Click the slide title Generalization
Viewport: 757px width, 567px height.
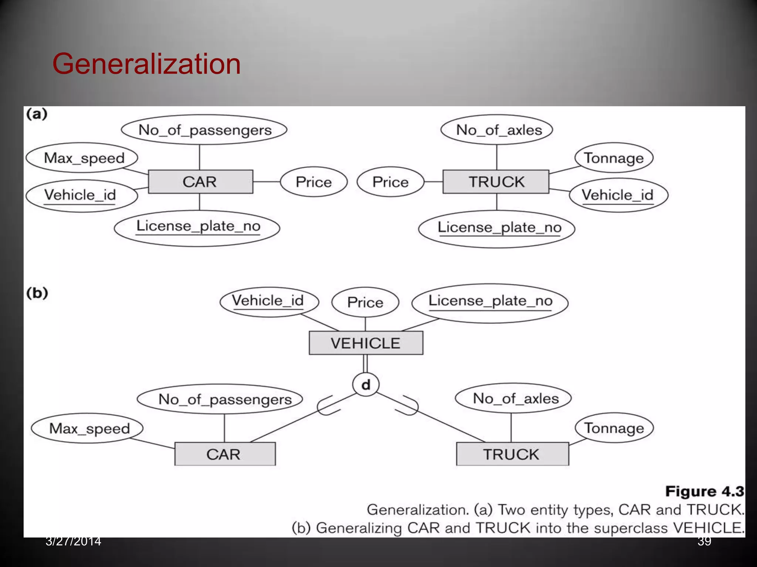(x=146, y=64)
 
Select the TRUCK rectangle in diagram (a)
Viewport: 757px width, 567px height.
(x=496, y=182)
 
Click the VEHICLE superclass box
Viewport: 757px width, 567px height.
(x=366, y=343)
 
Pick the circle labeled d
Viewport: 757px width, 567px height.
(x=366, y=385)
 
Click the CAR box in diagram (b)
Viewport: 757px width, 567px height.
(x=225, y=454)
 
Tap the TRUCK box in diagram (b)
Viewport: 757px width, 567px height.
(x=512, y=454)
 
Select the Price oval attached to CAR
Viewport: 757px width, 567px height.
(x=313, y=182)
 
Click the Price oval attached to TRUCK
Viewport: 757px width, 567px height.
(x=390, y=182)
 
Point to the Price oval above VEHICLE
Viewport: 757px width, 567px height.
(x=365, y=302)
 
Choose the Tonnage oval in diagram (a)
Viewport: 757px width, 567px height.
(x=614, y=158)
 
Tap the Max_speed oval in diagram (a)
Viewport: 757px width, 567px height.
(x=82, y=158)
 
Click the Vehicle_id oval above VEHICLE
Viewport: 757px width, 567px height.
(x=268, y=301)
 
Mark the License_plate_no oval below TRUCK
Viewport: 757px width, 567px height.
(x=496, y=228)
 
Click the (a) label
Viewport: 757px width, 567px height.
(x=37, y=114)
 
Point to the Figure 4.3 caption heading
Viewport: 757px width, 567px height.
(x=704, y=491)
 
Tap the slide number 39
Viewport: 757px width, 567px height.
(x=704, y=541)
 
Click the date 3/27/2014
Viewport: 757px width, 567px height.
(x=73, y=541)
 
